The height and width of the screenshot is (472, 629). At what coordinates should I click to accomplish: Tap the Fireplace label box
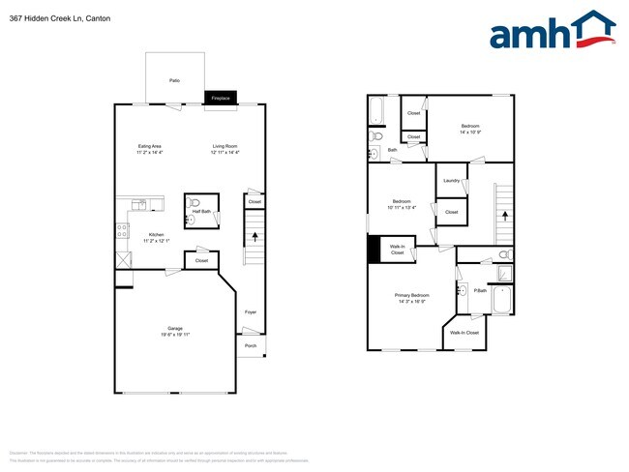221,98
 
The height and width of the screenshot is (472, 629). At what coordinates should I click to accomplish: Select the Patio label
174,79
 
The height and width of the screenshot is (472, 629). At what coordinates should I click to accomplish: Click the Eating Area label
149,146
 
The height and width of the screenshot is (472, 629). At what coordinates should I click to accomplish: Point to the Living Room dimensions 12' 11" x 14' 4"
225,153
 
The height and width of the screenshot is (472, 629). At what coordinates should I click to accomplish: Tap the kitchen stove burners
123,231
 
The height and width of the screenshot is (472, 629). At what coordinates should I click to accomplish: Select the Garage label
175,328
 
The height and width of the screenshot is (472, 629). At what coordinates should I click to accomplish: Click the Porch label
251,345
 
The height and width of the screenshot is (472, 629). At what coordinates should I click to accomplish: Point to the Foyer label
251,311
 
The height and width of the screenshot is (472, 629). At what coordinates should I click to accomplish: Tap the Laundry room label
451,181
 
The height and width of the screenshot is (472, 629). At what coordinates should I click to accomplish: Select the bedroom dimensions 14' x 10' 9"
470,132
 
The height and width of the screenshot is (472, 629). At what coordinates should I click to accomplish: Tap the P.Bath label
479,288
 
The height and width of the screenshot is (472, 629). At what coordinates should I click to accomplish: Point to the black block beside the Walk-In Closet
374,250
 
